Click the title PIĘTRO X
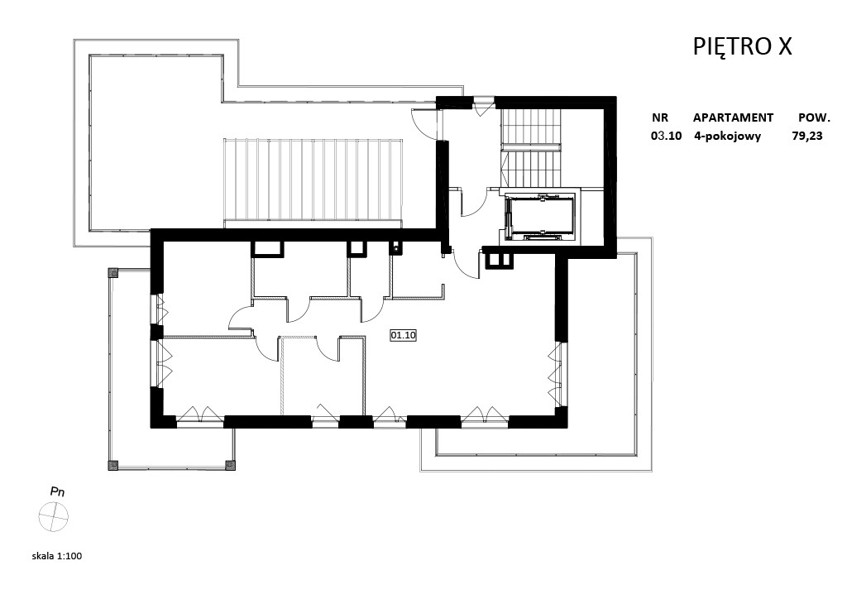coord(742,46)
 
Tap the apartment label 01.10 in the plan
coord(403,335)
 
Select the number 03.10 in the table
coord(666,136)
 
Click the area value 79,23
coord(807,136)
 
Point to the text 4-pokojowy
coord(728,137)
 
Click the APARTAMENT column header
coord(733,117)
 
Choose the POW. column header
coord(814,117)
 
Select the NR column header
coord(660,117)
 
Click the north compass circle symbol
coord(54,516)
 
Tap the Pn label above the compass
coord(57,491)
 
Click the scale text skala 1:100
coord(57,556)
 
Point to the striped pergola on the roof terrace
coord(313,181)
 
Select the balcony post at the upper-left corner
coord(112,273)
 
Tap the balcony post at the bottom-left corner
coord(112,465)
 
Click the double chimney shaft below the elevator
coord(500,261)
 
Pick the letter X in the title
coord(785,47)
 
